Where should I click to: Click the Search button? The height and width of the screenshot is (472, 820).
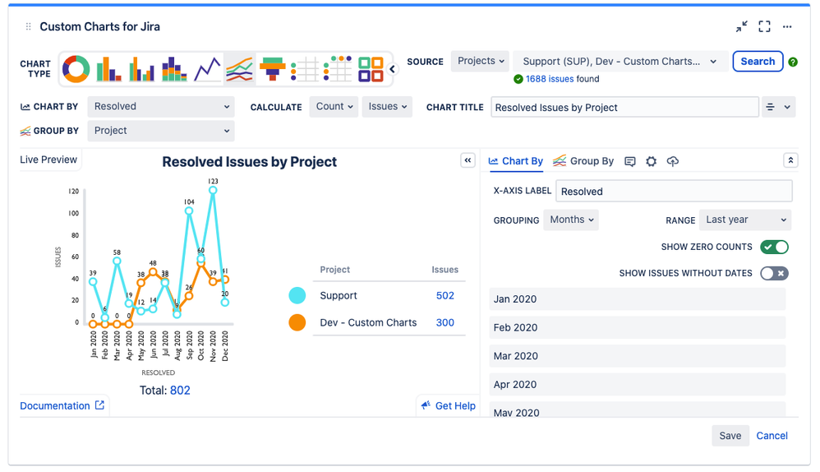tap(757, 62)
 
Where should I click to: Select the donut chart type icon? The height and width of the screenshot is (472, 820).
tap(76, 69)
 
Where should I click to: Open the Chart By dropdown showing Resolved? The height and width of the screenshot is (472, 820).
tap(161, 107)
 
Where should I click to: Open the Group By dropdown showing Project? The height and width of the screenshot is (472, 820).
tap(161, 131)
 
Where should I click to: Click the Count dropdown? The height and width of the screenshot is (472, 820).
tap(334, 107)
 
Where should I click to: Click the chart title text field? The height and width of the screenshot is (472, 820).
tap(624, 108)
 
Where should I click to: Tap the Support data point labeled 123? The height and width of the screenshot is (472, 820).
tap(213, 190)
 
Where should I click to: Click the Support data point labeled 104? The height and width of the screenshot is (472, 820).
tap(189, 211)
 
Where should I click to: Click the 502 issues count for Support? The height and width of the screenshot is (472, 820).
tap(445, 296)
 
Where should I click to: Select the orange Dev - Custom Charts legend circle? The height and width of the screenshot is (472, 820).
tap(297, 322)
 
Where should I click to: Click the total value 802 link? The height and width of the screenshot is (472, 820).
tap(180, 391)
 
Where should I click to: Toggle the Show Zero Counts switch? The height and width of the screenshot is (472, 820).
tap(774, 247)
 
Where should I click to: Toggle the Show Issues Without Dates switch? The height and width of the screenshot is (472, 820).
tap(774, 273)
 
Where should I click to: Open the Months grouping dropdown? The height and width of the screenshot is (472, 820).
tap(570, 220)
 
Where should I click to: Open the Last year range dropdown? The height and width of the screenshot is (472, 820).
tap(745, 220)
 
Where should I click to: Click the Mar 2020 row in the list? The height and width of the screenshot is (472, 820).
tap(637, 356)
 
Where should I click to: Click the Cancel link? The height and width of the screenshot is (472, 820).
tap(772, 436)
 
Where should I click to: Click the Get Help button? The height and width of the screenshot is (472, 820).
tap(448, 405)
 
